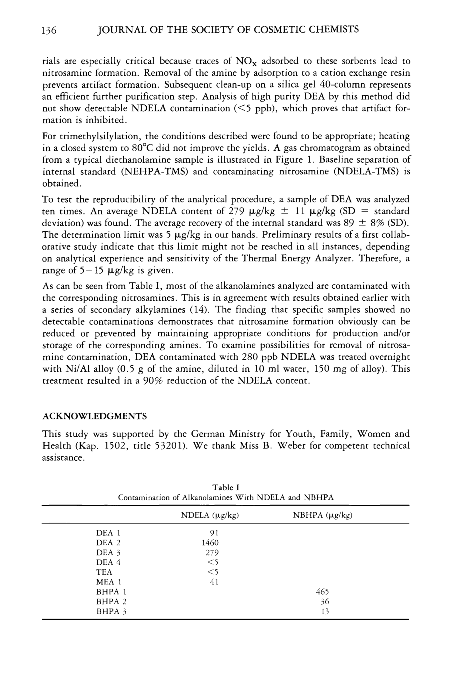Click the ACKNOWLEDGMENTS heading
(x=95, y=416)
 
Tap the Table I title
(x=226, y=487)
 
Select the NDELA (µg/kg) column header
(x=210, y=515)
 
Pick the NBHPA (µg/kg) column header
(x=323, y=515)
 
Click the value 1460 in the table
(x=210, y=543)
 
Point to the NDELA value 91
(x=214, y=533)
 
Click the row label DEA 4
(x=108, y=562)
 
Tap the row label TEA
(x=104, y=572)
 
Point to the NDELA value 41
(x=214, y=582)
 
